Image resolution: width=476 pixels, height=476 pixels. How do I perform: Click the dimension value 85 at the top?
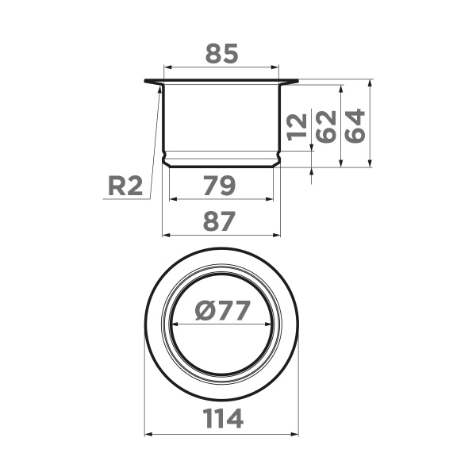pos(221,54)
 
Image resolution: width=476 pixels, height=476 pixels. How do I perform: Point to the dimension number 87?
pos(221,223)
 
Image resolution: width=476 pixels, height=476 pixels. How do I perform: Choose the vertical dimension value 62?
pos(326,125)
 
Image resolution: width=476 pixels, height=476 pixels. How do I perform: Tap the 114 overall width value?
pos(221,419)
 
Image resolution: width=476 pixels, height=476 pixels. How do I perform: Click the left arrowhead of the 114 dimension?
pos(148,434)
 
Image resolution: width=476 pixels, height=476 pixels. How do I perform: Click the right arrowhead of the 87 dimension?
pos(278,236)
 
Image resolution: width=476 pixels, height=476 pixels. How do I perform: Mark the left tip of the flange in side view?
pos(146,81)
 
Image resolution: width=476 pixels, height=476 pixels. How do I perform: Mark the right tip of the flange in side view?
pos(297,81)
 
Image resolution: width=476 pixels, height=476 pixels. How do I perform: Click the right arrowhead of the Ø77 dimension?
pos(274,324)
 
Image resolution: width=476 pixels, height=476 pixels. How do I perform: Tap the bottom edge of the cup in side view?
pos(221,167)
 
